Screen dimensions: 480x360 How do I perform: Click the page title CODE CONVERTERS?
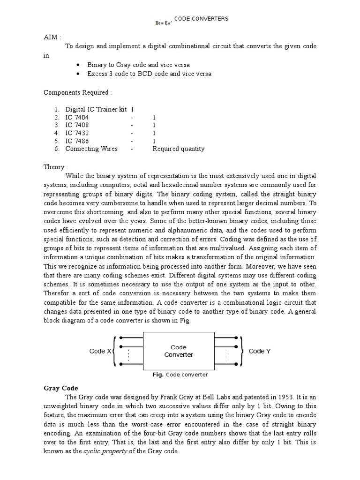tap(201, 19)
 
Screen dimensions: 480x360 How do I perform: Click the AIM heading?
tap(52, 37)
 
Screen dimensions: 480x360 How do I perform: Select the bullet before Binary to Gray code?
tap(77, 65)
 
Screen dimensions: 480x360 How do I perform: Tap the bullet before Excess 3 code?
tap(77, 74)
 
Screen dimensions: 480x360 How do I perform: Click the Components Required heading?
tap(78, 92)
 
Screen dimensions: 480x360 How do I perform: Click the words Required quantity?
tap(179, 149)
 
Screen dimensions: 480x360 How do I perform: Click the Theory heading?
tap(56, 167)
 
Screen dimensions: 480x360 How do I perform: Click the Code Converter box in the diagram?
tap(179, 351)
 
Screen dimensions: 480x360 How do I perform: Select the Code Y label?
tap(259, 351)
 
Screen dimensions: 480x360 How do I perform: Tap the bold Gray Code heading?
tap(60, 388)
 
